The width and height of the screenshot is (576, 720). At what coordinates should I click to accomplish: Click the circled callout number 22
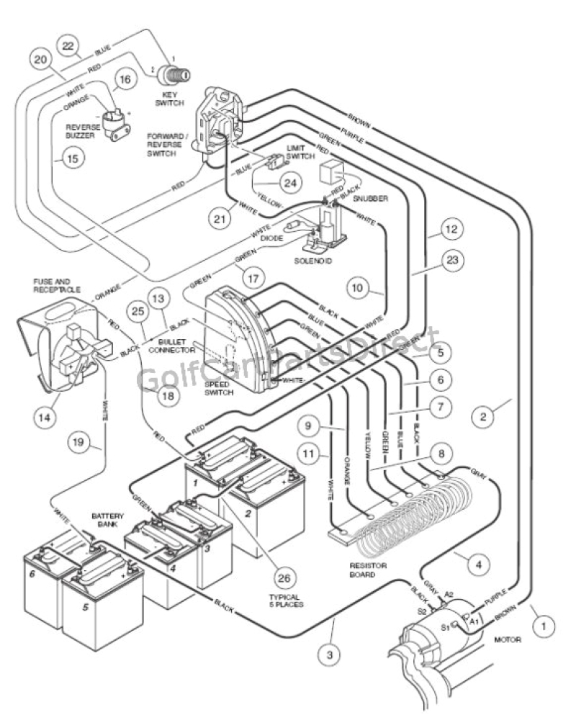[x=69, y=46]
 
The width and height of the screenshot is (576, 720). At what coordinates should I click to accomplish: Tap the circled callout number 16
[x=123, y=80]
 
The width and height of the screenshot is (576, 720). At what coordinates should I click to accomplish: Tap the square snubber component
[x=333, y=172]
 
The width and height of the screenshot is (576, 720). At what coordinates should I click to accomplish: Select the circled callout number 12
[x=450, y=231]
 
